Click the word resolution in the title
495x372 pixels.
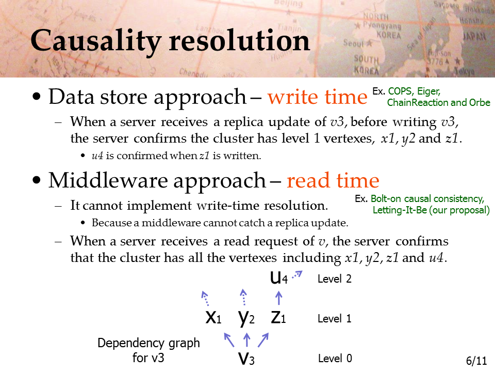(x=239, y=40)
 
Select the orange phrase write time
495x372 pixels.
(x=318, y=97)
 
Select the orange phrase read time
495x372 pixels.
(x=333, y=180)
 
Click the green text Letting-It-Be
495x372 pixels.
(x=400, y=210)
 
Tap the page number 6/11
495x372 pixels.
(x=476, y=361)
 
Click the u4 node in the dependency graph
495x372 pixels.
(x=279, y=278)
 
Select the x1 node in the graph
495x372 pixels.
(x=213, y=317)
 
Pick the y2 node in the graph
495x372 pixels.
(x=246, y=318)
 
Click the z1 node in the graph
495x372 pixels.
(x=278, y=317)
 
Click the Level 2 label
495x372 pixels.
(x=335, y=278)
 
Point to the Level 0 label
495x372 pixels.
(x=335, y=359)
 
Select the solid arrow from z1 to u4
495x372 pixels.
(x=278, y=298)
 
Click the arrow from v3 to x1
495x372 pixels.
(x=229, y=340)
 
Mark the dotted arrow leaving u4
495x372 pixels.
(x=297, y=274)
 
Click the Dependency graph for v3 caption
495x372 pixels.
(x=148, y=350)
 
